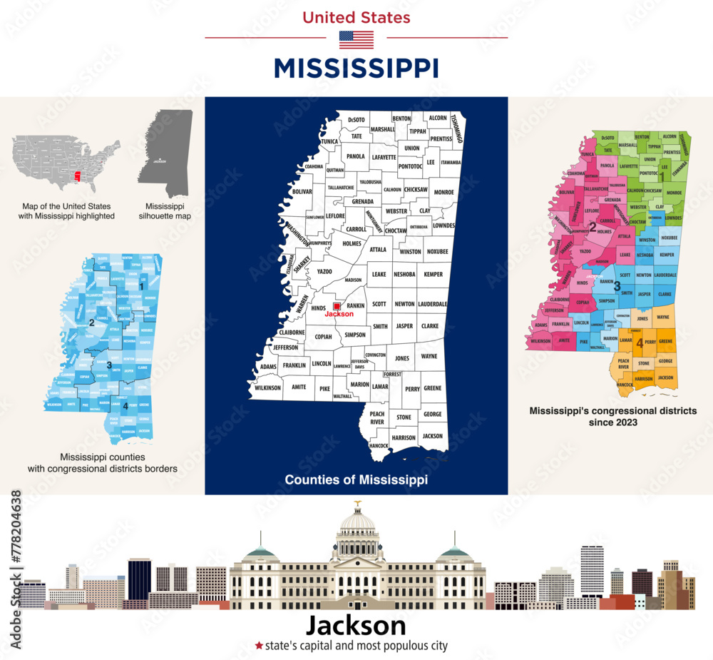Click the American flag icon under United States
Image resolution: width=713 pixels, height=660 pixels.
[x=356, y=39]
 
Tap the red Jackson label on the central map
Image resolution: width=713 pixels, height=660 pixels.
[x=339, y=314]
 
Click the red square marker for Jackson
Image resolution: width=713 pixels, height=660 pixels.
[x=338, y=306]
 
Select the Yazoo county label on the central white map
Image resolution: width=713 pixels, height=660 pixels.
[x=324, y=272]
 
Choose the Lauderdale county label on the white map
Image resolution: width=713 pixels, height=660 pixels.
[x=433, y=303]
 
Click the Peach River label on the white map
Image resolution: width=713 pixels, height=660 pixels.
[x=377, y=418]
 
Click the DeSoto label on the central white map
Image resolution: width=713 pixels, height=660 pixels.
[x=357, y=119]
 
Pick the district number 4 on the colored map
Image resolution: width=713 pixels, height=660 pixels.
[x=640, y=343]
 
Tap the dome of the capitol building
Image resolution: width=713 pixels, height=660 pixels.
[x=357, y=521]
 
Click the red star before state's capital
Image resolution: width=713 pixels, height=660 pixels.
[x=259, y=646]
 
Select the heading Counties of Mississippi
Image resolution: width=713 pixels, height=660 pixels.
[x=356, y=480]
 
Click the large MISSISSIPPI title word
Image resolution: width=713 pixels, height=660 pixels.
[x=356, y=68]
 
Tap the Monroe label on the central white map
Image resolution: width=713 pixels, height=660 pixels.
[x=443, y=192]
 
